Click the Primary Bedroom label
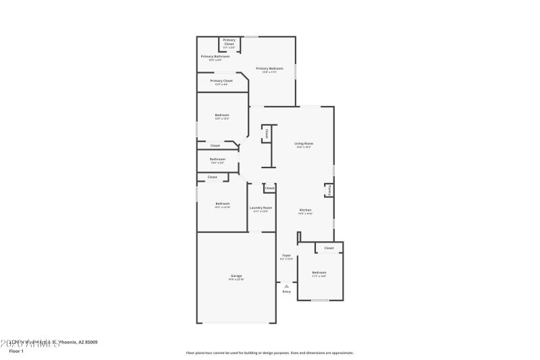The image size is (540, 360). coord(269,68)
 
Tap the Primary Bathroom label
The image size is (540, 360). coord(215,57)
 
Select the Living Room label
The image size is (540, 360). coord(304,143)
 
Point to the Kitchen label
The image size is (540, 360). coord(305,210)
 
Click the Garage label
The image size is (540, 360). coord(236,276)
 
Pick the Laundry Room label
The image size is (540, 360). coord(261,207)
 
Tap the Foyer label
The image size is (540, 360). coord(286,255)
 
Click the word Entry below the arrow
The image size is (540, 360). coord(286,291)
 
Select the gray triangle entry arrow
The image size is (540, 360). coord(286,286)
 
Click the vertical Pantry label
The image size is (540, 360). coord(329,191)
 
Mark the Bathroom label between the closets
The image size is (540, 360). coord(217,159)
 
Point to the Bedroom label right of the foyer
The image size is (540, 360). coord(319,272)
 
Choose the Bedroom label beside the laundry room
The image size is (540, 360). coord(222,204)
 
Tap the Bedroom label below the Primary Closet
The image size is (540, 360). coord(222,115)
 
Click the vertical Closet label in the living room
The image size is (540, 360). coord(267,134)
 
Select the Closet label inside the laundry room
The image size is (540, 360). coord(269,188)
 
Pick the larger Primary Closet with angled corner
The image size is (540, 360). coord(221,81)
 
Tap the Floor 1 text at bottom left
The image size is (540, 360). coord(16,351)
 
